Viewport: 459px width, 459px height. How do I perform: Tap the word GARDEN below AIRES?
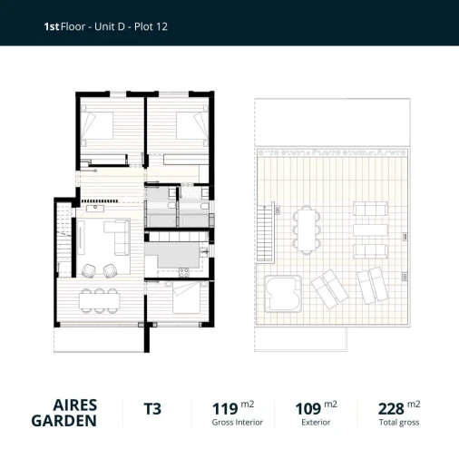(x=64, y=421)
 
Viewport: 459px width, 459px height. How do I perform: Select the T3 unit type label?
(x=152, y=409)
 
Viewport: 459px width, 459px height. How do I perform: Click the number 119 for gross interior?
(x=224, y=409)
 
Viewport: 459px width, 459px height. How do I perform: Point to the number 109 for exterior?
(x=308, y=409)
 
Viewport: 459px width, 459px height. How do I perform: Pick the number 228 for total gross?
(x=390, y=409)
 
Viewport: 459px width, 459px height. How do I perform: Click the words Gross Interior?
(x=237, y=423)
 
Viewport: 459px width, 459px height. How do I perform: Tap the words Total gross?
(x=398, y=423)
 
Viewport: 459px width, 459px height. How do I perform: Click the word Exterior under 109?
(x=316, y=423)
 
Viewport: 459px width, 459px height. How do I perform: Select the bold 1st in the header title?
(x=51, y=27)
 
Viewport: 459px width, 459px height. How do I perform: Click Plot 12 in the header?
(x=149, y=27)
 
